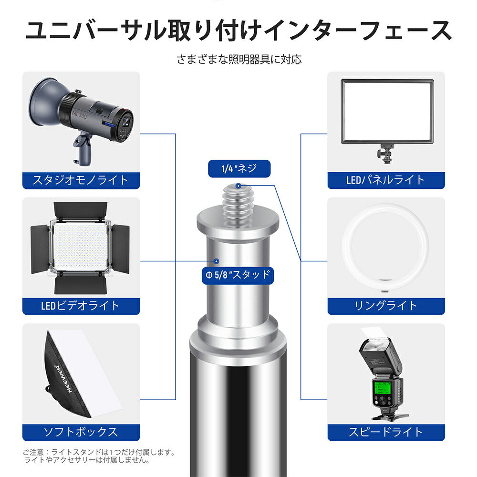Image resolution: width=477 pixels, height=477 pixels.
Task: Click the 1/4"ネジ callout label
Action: tap(239, 168)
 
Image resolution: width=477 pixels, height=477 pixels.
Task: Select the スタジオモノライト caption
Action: tap(81, 180)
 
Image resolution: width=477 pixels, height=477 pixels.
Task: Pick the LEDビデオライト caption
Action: tap(81, 306)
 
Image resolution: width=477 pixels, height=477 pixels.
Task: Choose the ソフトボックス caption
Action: tap(81, 432)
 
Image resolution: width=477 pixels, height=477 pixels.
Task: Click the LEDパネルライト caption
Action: tap(386, 180)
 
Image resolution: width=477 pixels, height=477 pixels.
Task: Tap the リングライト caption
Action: tap(386, 306)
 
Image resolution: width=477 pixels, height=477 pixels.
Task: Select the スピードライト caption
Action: tap(386, 432)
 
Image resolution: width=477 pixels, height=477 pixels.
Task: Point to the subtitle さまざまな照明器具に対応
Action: tap(238, 60)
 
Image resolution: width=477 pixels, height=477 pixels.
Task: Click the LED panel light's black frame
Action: tap(386, 82)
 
